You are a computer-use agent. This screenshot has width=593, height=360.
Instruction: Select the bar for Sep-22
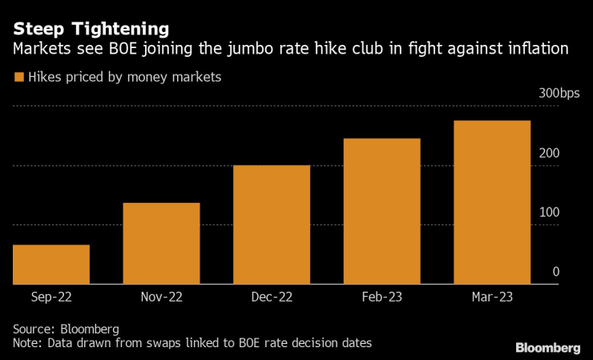(51, 265)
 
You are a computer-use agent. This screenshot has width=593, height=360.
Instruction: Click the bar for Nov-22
(161, 244)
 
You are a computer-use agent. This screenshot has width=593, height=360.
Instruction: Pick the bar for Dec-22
(272, 224)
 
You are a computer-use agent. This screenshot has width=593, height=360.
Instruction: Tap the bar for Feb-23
(381, 212)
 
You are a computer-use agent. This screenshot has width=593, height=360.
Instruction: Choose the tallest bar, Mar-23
(492, 202)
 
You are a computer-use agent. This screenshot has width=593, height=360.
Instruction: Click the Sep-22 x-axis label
(51, 297)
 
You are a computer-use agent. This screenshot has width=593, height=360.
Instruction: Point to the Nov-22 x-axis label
(161, 297)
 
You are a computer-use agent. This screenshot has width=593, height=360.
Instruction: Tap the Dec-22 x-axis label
(272, 297)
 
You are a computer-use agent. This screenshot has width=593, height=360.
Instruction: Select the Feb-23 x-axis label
(381, 297)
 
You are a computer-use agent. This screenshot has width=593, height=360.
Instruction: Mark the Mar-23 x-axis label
(492, 297)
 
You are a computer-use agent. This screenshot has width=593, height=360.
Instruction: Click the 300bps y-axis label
(559, 94)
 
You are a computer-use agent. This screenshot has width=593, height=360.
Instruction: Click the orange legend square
(18, 78)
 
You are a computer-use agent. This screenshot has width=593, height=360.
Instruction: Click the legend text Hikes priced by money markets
(124, 78)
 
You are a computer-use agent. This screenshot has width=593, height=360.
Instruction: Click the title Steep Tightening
(91, 29)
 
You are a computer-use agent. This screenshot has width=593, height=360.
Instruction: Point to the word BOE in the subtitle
(134, 50)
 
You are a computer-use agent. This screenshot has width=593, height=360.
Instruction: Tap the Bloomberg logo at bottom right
(547, 347)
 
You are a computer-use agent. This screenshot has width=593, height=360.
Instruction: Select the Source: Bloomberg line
(66, 330)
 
